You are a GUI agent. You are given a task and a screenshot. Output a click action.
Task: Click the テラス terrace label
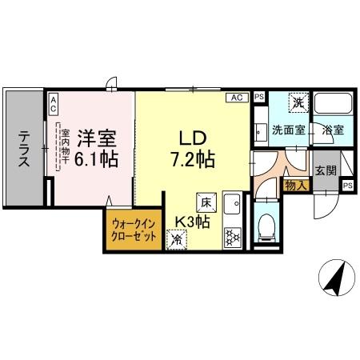(x=25, y=149)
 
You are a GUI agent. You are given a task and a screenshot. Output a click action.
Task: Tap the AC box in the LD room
(x=237, y=98)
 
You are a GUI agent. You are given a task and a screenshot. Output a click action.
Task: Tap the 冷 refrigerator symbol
(x=176, y=237)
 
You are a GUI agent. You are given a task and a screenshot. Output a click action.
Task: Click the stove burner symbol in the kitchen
(x=233, y=236)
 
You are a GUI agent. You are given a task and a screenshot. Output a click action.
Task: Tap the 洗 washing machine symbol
(x=297, y=102)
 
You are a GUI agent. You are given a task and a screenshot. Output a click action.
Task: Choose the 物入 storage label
(x=293, y=185)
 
